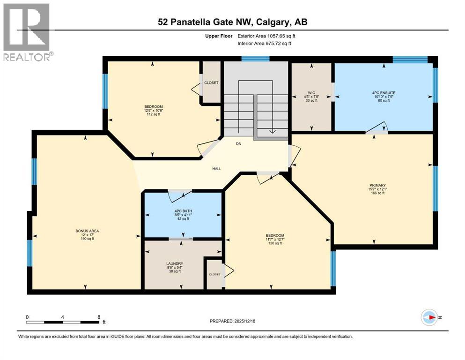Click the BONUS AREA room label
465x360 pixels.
click(87, 231)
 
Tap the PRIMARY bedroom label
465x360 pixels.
click(377, 185)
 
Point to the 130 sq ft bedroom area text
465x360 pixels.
click(275, 243)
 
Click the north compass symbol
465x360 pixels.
click(429, 317)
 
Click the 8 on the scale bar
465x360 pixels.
click(99, 317)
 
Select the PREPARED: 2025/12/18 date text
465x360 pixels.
click(232, 321)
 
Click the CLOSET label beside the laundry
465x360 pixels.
click(214, 275)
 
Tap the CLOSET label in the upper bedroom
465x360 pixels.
click(211, 82)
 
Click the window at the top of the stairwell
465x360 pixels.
click(256, 59)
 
